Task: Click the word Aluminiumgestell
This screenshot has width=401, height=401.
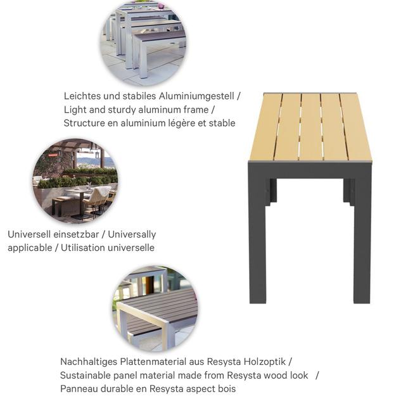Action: coord(196,96)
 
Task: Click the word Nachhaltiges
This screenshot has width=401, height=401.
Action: coord(89,362)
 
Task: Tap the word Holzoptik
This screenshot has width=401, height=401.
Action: coord(264,362)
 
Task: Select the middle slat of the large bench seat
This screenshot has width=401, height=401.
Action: coord(311,127)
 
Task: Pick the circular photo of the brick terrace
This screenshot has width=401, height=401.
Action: coord(75,181)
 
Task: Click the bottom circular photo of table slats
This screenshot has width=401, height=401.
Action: coord(155,309)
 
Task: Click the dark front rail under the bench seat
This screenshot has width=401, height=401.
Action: coord(310,169)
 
